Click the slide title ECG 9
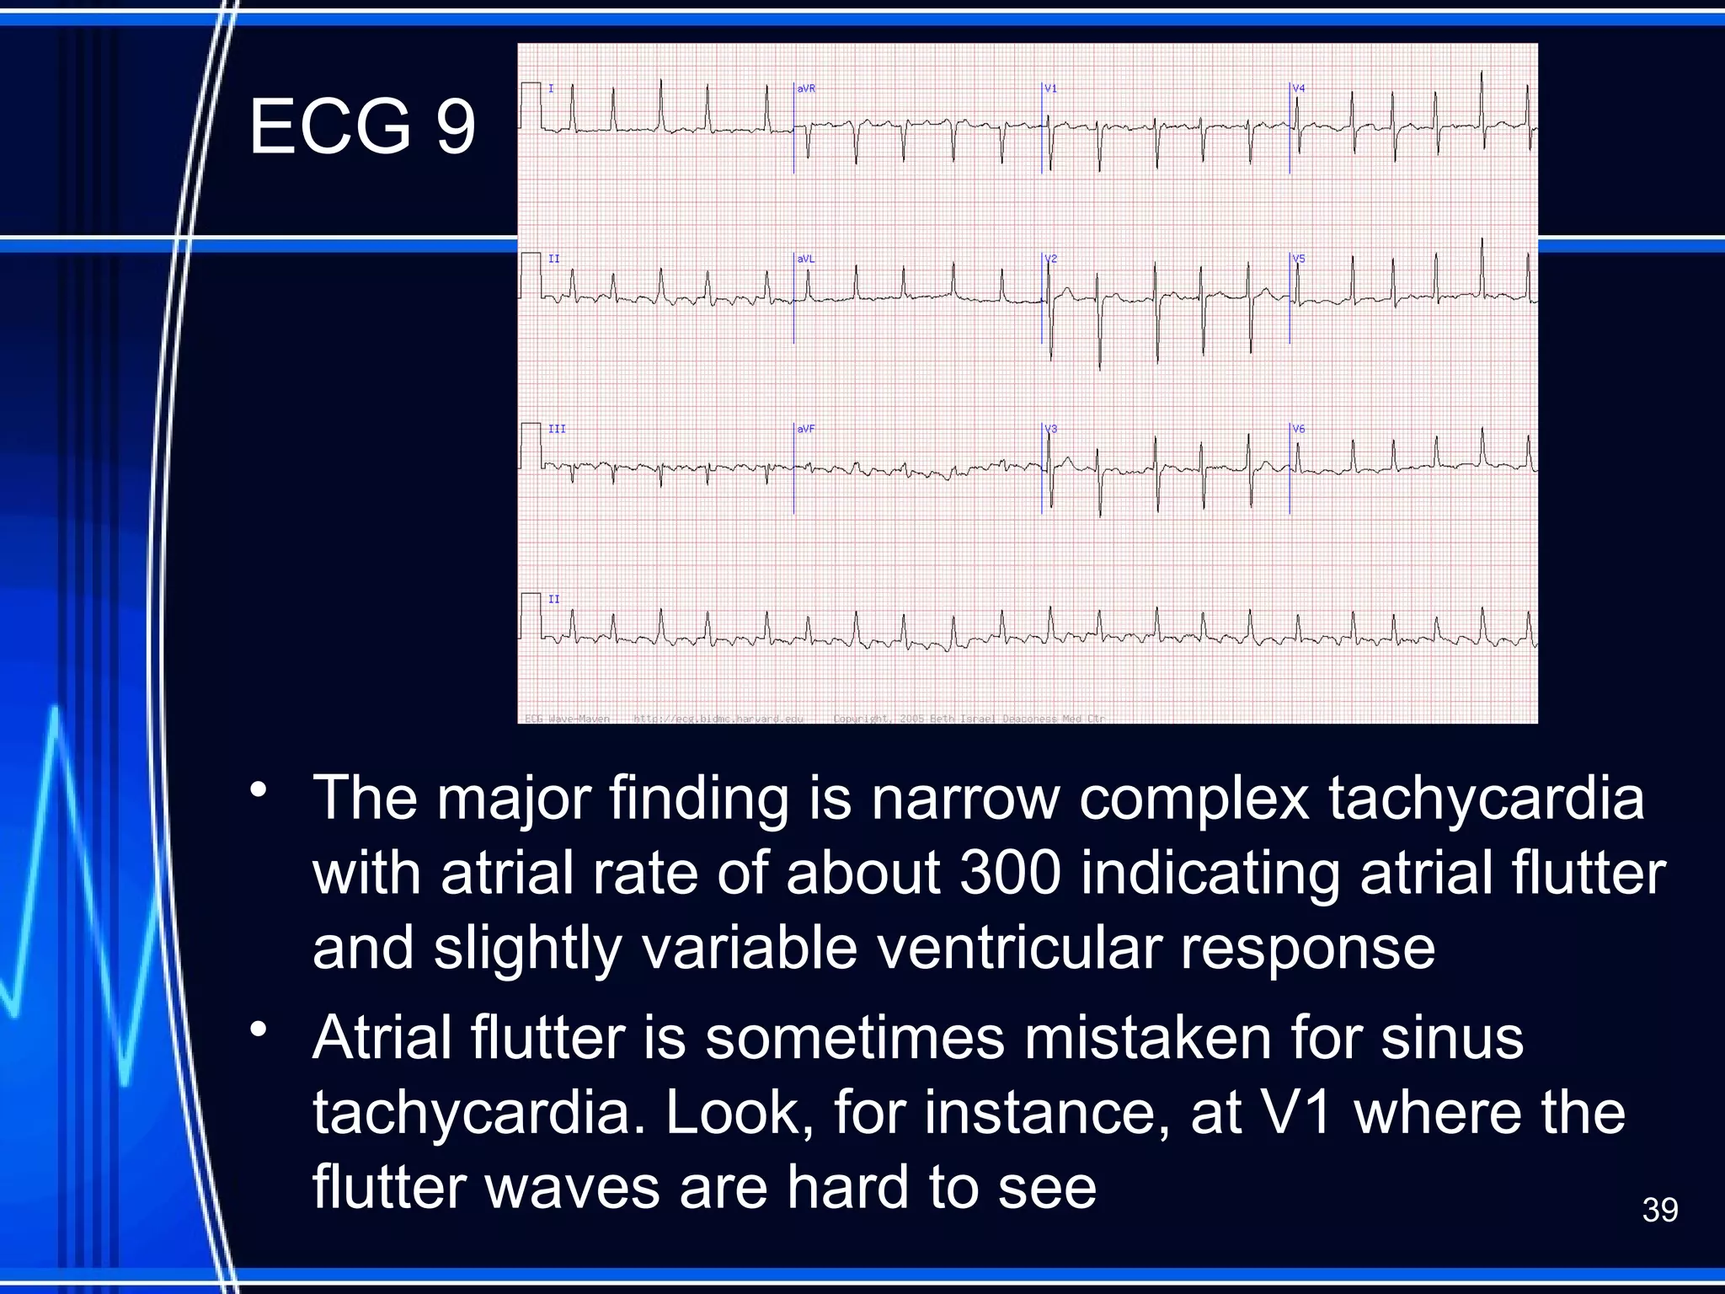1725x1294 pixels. click(362, 126)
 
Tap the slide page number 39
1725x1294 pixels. click(1659, 1210)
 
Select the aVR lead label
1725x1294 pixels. click(806, 88)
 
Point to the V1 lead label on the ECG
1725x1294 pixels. click(1050, 88)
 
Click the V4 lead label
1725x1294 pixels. click(1299, 88)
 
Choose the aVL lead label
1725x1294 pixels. click(806, 259)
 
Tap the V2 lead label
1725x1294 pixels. click(1050, 259)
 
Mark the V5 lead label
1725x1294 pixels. click(1299, 259)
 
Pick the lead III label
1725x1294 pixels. click(557, 429)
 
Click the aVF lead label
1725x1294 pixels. click(806, 429)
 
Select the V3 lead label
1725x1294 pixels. click(1050, 429)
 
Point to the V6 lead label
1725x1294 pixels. click(1299, 429)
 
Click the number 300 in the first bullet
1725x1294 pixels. click(1010, 873)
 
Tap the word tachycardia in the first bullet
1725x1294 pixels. click(1487, 798)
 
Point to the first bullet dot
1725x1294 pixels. click(259, 790)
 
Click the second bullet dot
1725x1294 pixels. click(259, 1029)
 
